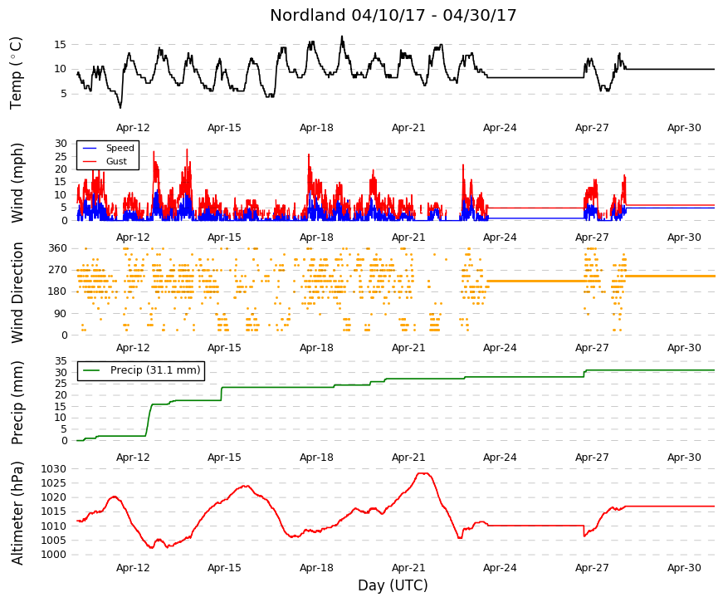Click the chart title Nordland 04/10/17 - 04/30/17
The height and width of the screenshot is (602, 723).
coord(393,15)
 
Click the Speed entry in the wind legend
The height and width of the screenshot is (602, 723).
coord(120,148)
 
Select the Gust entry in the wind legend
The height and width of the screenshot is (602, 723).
coord(116,161)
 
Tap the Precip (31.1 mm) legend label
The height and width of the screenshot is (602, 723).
coord(155,370)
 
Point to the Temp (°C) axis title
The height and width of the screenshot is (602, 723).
coord(16,73)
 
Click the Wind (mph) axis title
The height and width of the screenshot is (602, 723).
coord(17,183)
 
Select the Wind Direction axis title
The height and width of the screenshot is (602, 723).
coord(17,292)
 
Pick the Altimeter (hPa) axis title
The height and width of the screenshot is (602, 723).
coord(17,513)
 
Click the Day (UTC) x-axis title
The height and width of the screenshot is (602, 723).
coord(393,585)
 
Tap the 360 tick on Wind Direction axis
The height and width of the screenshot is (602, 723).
coord(57,248)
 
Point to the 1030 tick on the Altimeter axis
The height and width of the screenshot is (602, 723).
coord(53,469)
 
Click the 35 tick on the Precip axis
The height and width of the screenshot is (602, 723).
coord(61,361)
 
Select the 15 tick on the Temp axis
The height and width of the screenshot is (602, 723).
coord(61,45)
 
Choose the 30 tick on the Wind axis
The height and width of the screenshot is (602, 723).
coord(61,144)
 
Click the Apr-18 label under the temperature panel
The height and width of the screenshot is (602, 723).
coord(316,128)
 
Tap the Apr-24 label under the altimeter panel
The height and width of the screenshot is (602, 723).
coord(500,568)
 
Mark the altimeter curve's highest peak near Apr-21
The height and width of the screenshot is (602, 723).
coord(423,472)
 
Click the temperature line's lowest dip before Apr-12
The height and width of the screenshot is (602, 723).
coord(120,107)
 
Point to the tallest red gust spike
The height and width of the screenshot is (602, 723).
coord(187,149)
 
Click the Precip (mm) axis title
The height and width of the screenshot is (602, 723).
coord(17,402)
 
